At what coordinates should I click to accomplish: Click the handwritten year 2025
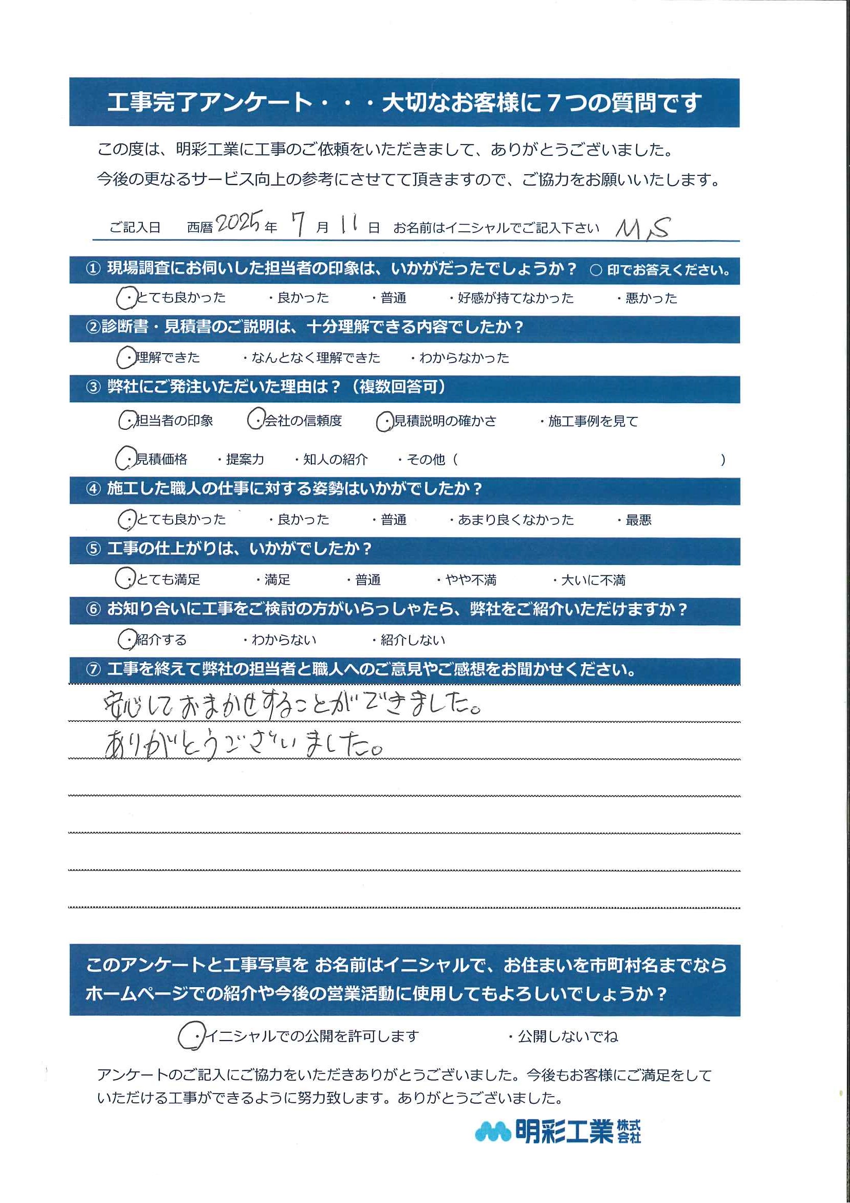[238, 224]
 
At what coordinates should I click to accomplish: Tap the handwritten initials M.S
[642, 229]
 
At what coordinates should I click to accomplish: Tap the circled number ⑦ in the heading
[93, 670]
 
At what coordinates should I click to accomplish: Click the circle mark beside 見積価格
[126, 460]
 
